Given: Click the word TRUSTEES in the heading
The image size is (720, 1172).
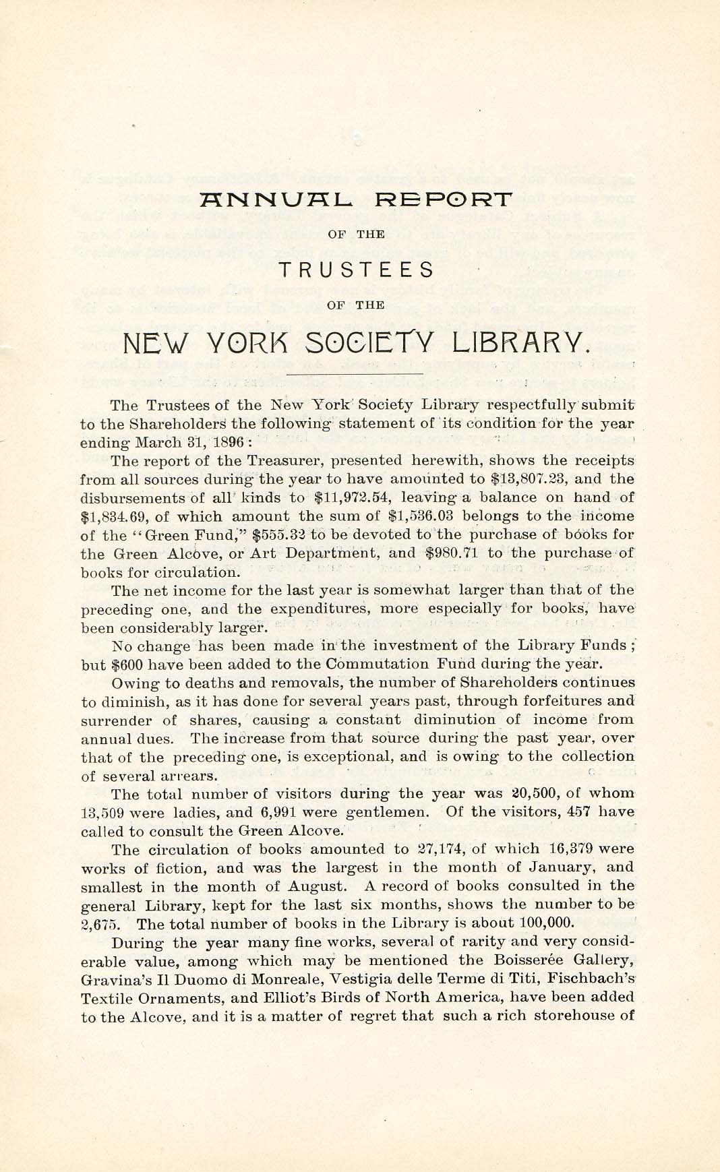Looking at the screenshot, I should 357,270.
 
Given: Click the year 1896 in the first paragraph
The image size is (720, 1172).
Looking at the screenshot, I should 224,443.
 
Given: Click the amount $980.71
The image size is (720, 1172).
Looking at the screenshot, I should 452,553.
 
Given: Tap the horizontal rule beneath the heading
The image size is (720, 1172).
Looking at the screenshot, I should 355,373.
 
